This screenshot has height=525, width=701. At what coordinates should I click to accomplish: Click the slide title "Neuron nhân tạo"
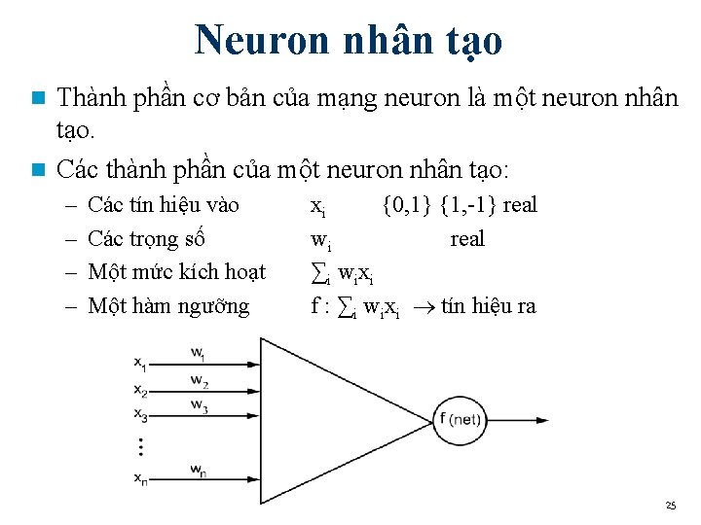[x=349, y=41]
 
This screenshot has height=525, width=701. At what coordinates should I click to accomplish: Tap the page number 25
[x=670, y=506]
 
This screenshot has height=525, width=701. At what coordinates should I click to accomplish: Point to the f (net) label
[x=461, y=419]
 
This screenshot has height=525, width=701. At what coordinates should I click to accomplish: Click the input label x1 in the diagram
[x=141, y=365]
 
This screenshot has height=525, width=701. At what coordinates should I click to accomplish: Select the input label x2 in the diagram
[x=141, y=391]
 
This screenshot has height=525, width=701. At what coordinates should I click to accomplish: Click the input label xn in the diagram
[x=141, y=478]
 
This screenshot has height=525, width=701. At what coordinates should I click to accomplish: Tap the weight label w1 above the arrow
[x=198, y=352]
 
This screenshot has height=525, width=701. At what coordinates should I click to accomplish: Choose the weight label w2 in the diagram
[x=198, y=379]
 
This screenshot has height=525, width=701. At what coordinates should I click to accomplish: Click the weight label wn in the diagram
[x=198, y=471]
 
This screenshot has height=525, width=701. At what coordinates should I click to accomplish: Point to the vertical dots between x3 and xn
[x=140, y=447]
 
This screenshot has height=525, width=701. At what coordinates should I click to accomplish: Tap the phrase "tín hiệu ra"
[x=488, y=306]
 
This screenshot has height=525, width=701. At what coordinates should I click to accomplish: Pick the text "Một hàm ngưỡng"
[x=168, y=306]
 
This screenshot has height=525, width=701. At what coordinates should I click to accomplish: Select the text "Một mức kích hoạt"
[x=176, y=272]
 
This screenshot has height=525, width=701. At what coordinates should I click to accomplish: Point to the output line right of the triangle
[x=506, y=419]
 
